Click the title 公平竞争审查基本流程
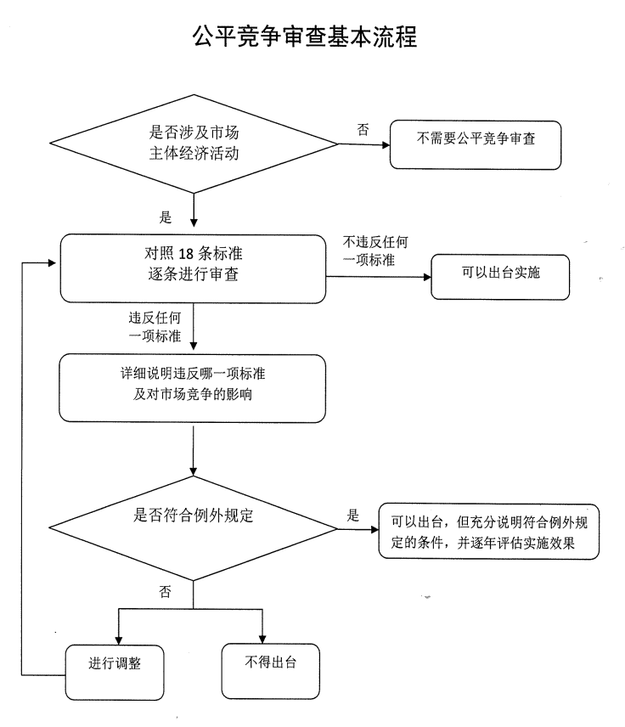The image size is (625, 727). [305, 36]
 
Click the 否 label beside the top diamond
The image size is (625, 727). [363, 130]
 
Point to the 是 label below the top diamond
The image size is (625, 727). [166, 217]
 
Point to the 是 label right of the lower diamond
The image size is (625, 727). [352, 516]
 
